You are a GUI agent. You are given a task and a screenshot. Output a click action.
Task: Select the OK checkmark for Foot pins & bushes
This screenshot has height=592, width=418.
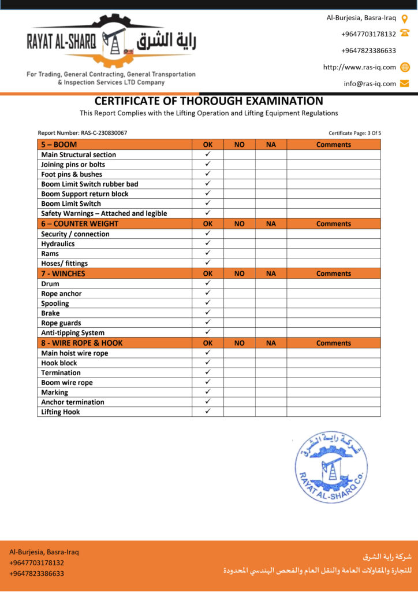click(x=208, y=173)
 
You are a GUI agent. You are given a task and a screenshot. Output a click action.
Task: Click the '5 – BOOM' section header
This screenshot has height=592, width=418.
click(x=59, y=145)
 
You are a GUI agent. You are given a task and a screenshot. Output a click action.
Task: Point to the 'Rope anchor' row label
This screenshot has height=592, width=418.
click(x=61, y=294)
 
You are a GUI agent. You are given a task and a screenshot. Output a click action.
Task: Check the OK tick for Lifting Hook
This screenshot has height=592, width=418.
click(x=208, y=411)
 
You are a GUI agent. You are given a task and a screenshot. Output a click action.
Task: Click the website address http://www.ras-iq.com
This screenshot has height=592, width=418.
click(x=360, y=67)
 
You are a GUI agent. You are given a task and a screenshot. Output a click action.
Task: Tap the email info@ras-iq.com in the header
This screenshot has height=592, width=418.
click(x=370, y=83)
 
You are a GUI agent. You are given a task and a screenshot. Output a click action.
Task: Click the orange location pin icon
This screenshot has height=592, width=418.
click(x=405, y=18)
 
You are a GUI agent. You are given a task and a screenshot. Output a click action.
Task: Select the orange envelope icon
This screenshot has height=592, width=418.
click(x=405, y=83)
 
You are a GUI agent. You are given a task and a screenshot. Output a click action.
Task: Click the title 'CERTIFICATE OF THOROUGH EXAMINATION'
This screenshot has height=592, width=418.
click(x=209, y=101)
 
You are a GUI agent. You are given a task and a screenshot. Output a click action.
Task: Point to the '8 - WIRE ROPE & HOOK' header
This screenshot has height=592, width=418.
click(x=82, y=343)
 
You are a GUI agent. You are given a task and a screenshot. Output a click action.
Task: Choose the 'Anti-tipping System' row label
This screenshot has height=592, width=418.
click(x=73, y=333)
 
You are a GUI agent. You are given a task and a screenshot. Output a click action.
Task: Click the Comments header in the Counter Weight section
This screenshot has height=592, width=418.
click(x=333, y=224)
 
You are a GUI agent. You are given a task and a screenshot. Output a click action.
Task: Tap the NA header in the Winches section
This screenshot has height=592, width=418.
click(x=271, y=273)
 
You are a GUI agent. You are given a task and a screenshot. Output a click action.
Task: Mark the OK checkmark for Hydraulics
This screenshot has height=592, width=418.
click(x=208, y=243)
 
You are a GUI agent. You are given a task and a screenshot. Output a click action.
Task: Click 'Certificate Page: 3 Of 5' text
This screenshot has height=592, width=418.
click(x=354, y=133)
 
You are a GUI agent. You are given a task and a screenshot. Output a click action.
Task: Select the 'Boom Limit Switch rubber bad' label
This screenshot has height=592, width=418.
click(x=89, y=184)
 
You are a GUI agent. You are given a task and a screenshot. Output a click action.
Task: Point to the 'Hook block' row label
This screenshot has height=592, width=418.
click(x=59, y=363)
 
